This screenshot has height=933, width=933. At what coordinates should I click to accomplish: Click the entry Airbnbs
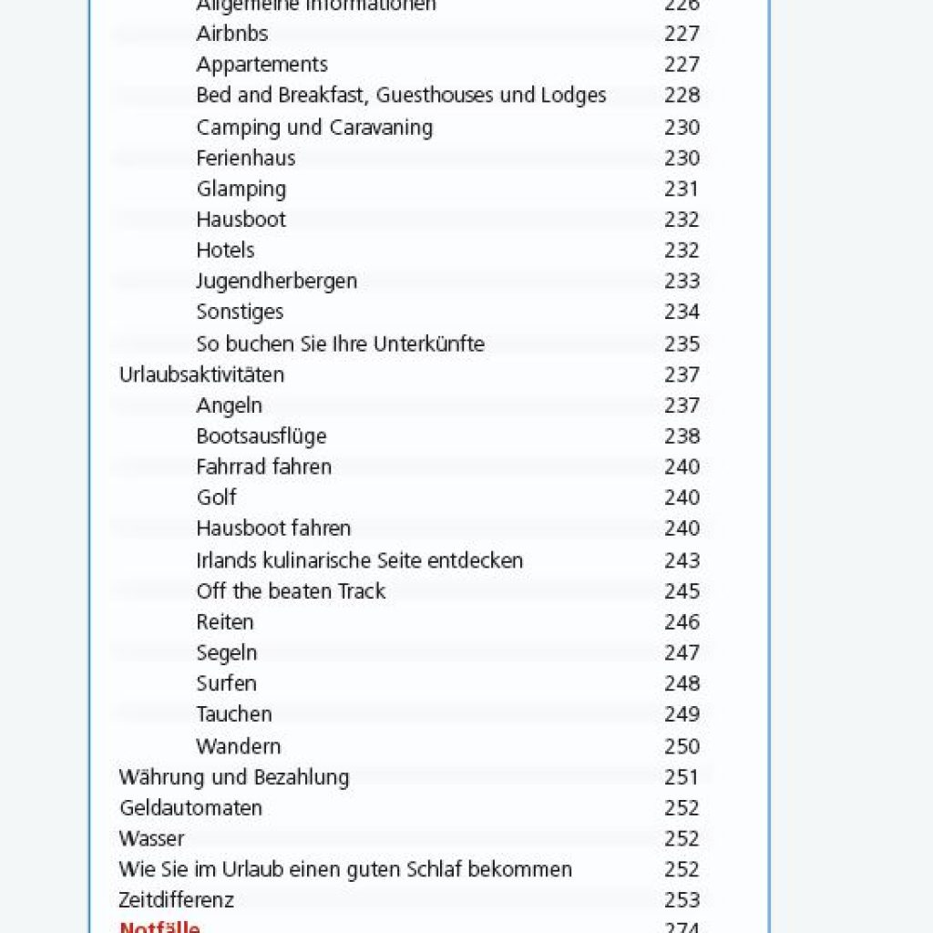click(231, 34)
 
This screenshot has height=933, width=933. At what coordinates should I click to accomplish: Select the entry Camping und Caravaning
click(314, 127)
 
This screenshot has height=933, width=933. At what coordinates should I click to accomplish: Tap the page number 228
click(682, 96)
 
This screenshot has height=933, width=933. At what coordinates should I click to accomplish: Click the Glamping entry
click(241, 190)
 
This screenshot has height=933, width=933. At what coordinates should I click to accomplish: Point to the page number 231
click(682, 190)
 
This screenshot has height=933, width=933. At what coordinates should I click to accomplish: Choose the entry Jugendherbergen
click(276, 281)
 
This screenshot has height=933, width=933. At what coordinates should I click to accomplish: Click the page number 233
click(682, 281)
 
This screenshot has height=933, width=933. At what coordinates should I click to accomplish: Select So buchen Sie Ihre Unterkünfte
click(340, 343)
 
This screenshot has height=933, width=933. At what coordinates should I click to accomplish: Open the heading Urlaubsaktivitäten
click(201, 374)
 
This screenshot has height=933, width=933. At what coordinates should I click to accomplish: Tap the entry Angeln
click(229, 405)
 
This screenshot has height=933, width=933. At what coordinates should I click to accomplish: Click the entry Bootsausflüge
click(261, 436)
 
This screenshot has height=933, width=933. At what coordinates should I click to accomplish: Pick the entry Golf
click(216, 497)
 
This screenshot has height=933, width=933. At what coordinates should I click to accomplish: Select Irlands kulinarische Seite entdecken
click(359, 560)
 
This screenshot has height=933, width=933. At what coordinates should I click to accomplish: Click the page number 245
click(682, 591)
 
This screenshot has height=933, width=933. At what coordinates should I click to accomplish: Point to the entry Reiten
click(224, 622)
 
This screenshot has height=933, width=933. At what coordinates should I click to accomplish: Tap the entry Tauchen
click(233, 714)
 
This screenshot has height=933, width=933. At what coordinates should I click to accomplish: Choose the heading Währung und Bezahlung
click(233, 777)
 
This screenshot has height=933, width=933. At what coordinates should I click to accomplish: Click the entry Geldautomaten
click(190, 808)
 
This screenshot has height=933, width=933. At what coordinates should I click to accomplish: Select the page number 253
click(682, 900)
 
